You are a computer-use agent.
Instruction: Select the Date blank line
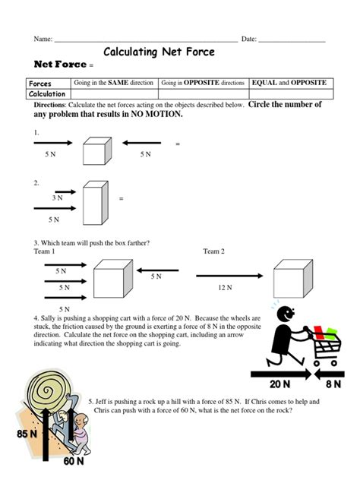pos(292,39)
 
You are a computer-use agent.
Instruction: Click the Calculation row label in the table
pos(47,93)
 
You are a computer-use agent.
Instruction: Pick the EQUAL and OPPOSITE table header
pos(289,83)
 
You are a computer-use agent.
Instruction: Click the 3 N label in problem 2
pos(58,197)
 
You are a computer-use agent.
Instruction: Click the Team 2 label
pos(214,251)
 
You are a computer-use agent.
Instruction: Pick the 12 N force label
pos(224,288)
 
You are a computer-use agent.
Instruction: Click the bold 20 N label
pos(280,385)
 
